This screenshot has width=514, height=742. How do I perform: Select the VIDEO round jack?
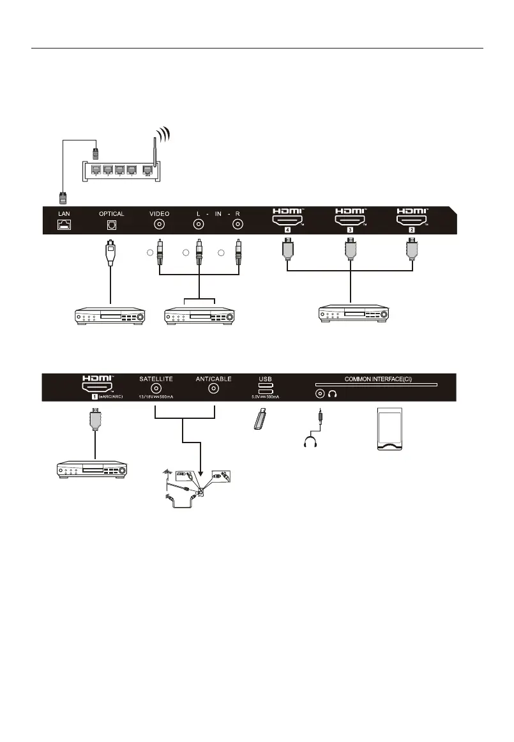point(160,225)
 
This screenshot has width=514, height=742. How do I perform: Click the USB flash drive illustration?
point(259,421)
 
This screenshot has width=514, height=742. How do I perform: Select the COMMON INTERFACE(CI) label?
point(378,379)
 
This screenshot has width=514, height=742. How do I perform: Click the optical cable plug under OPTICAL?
point(112,253)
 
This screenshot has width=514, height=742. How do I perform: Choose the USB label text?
point(265,379)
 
